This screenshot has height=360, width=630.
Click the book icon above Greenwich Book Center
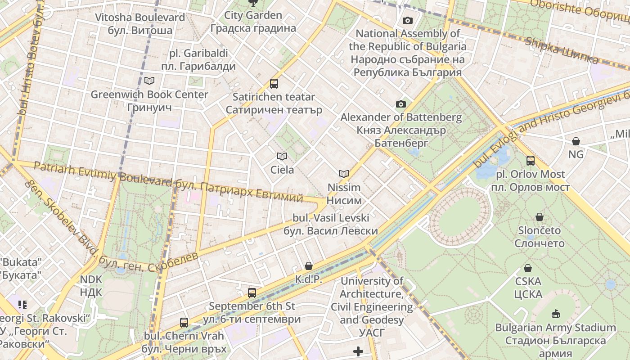(149, 81)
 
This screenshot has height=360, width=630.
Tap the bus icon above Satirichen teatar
(274, 83)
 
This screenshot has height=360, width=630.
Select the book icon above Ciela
(282, 156)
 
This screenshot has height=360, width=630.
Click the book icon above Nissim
(344, 174)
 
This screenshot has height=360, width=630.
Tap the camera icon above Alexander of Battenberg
(400, 104)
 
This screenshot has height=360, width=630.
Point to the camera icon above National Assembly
(408, 20)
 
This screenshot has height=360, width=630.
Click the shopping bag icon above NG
(576, 141)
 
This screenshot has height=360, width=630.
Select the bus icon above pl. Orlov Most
(531, 161)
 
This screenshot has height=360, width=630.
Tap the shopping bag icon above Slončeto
(540, 217)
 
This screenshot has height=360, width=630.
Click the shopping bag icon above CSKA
(528, 268)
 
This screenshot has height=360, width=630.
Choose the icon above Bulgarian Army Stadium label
(556, 314)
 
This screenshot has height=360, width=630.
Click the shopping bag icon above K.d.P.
(309, 266)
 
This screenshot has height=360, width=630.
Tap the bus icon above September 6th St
(252, 293)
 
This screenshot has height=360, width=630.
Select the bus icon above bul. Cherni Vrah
(184, 322)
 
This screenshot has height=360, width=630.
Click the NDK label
(91, 286)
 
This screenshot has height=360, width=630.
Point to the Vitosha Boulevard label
(140, 24)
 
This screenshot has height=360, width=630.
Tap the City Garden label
(253, 22)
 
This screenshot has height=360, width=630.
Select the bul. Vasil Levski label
(331, 224)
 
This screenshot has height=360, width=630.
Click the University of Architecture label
(372, 306)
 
